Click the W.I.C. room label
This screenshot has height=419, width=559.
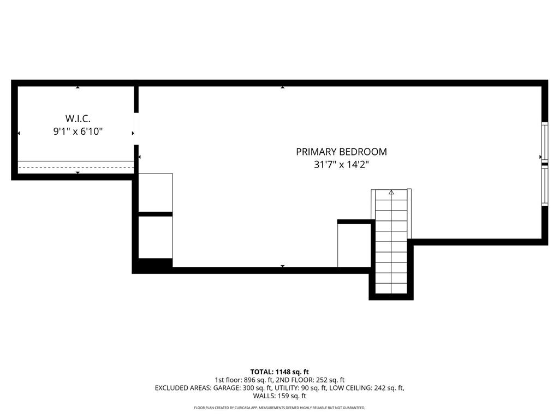click(78, 118)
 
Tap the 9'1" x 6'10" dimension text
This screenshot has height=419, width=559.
click(78, 131)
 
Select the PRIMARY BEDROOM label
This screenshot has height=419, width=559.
click(341, 152)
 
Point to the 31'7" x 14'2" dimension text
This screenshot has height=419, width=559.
click(341, 165)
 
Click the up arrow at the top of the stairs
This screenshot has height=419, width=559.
click(391, 193)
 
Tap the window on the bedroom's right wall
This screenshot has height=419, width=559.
click(544, 164)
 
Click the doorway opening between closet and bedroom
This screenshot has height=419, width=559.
click(136, 129)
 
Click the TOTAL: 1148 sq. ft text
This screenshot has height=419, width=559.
click(279, 372)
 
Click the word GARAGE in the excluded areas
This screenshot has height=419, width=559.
click(214, 388)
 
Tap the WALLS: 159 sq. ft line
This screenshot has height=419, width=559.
click(279, 396)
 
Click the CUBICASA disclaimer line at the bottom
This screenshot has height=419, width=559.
click(279, 408)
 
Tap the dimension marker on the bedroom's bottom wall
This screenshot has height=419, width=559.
click(282, 266)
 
